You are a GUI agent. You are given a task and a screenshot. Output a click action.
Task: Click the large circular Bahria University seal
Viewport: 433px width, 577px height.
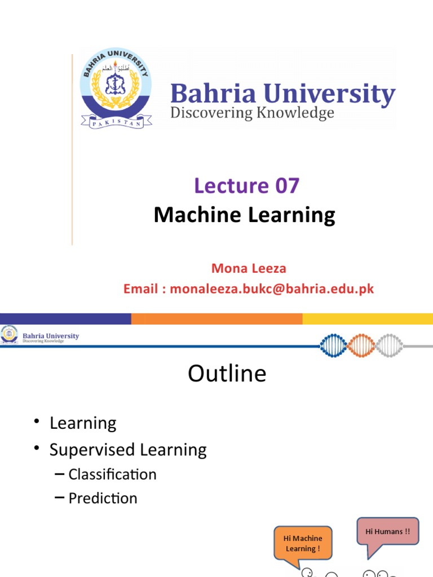click(116, 88)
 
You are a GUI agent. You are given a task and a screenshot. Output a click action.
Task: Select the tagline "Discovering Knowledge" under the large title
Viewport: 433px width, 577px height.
click(252, 113)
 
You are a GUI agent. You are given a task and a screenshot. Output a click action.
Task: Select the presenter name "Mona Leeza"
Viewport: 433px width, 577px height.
click(249, 269)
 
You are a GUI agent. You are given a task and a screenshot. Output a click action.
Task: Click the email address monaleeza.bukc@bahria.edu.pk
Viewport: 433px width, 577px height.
click(272, 289)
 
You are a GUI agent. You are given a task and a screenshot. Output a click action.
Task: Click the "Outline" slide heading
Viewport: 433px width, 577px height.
click(227, 374)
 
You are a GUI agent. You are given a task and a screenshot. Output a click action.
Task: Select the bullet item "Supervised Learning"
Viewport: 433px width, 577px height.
click(128, 450)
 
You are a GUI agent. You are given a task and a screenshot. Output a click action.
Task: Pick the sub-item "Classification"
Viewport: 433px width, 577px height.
click(112, 474)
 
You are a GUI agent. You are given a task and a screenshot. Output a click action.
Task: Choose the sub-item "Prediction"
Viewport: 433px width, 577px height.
click(103, 498)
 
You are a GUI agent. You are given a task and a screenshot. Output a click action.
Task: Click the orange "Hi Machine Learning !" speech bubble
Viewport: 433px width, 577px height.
click(303, 543)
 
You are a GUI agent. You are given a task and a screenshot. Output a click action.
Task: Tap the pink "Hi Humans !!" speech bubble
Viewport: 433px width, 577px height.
click(388, 531)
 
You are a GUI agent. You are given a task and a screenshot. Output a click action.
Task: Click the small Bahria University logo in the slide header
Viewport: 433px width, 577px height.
click(9, 334)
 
